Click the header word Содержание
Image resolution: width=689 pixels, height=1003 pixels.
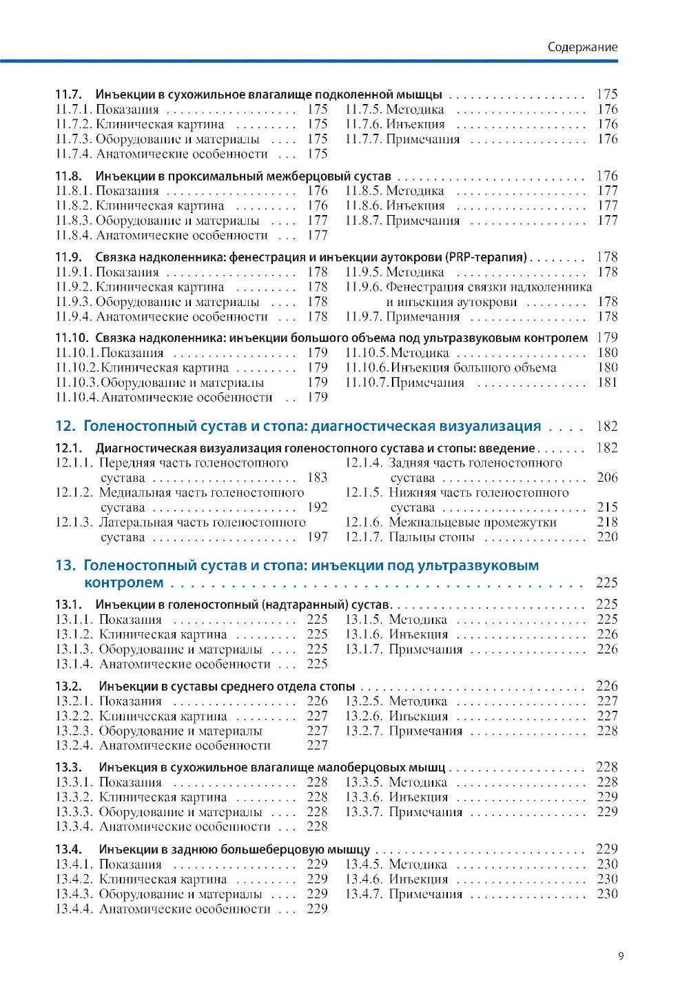(x=582, y=47)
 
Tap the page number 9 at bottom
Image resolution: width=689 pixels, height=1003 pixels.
(x=621, y=955)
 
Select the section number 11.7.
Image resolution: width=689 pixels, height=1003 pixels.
(x=68, y=94)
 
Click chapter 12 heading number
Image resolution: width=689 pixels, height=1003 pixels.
(x=64, y=426)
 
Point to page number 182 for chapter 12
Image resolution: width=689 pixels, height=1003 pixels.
(x=606, y=427)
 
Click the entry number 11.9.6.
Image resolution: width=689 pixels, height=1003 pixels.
(x=363, y=287)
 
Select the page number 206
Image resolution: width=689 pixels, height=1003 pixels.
(x=607, y=478)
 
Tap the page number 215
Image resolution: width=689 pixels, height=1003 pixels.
(x=607, y=507)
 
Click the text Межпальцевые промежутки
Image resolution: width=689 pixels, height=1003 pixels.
(x=472, y=523)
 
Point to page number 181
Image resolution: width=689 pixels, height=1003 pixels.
(x=607, y=383)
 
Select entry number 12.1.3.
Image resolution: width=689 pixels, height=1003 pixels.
(x=74, y=523)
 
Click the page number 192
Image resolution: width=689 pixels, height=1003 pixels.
(x=317, y=507)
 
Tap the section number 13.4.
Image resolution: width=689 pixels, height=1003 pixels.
(x=68, y=849)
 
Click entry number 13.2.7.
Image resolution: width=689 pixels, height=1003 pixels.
(x=363, y=731)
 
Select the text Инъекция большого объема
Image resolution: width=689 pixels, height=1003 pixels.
(x=473, y=367)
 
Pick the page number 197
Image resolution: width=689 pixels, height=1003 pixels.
(x=317, y=537)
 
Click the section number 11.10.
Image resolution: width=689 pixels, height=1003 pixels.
(x=72, y=338)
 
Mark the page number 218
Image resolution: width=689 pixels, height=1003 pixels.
(x=607, y=523)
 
